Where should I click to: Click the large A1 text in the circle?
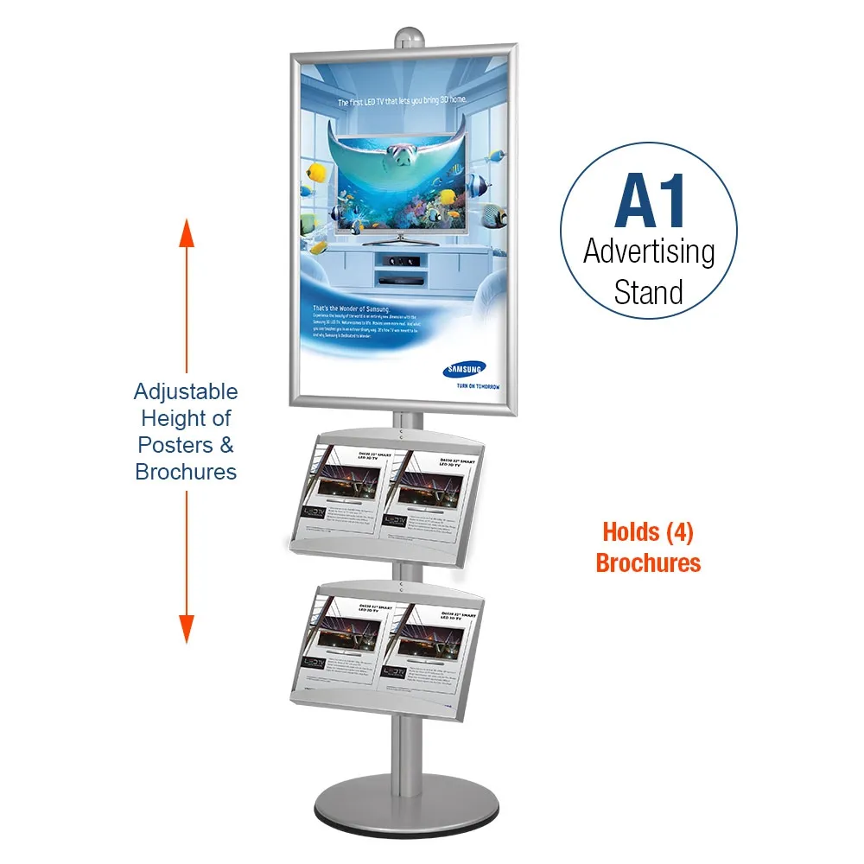tap(649, 202)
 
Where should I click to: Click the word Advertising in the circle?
tap(649, 251)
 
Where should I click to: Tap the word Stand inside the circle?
tap(649, 292)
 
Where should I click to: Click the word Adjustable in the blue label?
tap(186, 392)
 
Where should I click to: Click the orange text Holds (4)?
tap(648, 532)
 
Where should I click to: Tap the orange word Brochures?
tap(648, 563)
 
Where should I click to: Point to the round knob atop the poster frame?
tap(406, 38)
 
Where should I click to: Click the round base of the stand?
tap(406, 812)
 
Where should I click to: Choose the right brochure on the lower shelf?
tap(429, 640)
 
